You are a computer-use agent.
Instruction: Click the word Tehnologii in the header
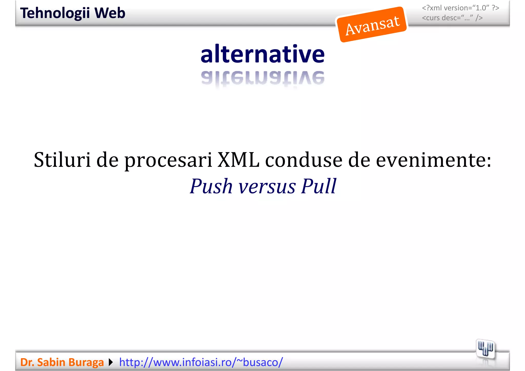click(55, 13)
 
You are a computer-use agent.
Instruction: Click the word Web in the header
click(110, 13)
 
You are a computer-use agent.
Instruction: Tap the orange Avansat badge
click(372, 25)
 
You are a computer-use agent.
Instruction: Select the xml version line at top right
click(460, 8)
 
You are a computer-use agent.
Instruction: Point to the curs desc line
click(452, 18)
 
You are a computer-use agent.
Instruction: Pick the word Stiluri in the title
click(62, 160)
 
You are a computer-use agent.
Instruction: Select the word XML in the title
click(238, 160)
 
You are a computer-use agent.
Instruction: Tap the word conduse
click(304, 160)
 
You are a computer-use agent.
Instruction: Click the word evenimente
click(433, 160)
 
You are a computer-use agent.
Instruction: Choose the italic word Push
click(211, 186)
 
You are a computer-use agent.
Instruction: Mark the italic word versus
click(267, 187)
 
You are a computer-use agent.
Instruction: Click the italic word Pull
click(319, 186)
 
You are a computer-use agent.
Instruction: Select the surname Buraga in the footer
click(86, 362)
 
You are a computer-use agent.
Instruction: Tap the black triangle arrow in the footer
click(111, 362)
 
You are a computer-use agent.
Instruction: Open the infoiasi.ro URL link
click(201, 362)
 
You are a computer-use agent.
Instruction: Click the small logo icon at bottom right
click(485, 349)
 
